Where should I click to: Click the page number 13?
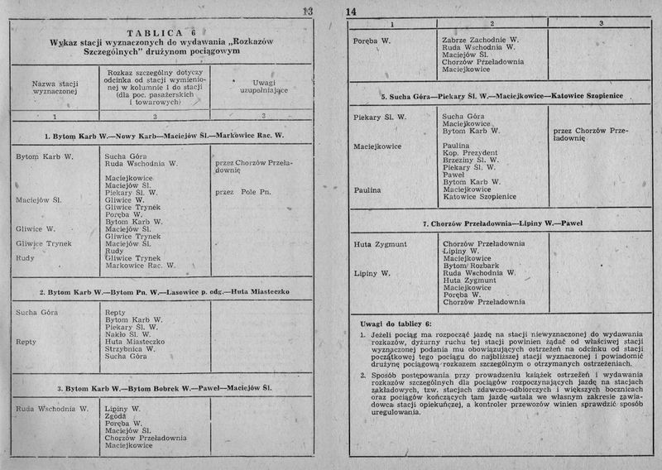click(x=307, y=11)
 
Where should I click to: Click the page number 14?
click(x=351, y=12)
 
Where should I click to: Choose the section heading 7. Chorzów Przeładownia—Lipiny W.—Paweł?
click(x=492, y=224)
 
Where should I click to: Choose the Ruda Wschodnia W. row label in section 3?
click(x=52, y=409)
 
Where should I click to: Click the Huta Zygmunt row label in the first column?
click(x=380, y=244)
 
